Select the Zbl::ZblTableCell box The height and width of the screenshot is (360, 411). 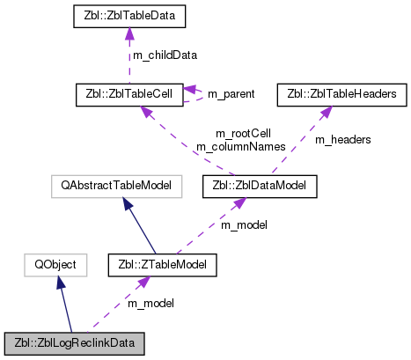coord(129,92)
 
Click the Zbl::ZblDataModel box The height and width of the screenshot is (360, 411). coord(259,186)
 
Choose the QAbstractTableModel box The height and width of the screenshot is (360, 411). coord(116,186)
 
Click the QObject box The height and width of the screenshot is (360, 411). coord(55,263)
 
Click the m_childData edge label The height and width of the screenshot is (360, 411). coord(165,55)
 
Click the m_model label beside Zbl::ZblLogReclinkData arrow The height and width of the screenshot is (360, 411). coord(151,303)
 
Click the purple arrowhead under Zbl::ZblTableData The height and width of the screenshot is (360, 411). coord(129,33)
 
